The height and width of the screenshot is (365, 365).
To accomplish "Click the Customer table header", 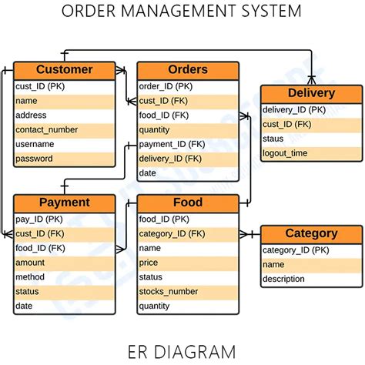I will [65, 70].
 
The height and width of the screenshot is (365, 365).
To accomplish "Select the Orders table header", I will [188, 70].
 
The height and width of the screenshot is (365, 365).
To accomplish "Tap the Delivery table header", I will [311, 93].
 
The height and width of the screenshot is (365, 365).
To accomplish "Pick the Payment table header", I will [65, 203].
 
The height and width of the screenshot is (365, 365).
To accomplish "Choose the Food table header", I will [188, 203].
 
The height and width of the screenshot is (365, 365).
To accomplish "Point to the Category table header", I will [311, 233].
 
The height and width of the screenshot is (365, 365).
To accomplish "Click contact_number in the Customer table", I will [47, 129].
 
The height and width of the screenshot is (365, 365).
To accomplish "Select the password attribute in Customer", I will [35, 159].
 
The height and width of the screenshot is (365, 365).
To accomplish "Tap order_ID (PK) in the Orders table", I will [166, 86].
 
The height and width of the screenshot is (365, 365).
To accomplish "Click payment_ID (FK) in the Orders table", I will [172, 144].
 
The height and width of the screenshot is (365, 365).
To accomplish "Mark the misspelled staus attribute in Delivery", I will [273, 139].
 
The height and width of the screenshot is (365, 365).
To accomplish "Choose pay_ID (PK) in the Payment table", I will [40, 219].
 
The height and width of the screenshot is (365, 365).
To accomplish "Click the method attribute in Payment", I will [30, 277].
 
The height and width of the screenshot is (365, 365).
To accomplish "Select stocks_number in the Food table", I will [169, 292].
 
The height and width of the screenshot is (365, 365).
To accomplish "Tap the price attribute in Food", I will [149, 263].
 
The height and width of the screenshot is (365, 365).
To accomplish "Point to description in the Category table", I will [283, 279].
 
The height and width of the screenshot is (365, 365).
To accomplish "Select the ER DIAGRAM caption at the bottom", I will [182, 352].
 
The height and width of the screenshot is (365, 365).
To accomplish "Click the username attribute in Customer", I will [35, 144].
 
